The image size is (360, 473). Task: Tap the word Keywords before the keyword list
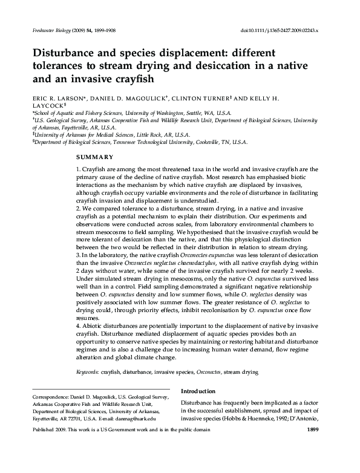click(x=87, y=373)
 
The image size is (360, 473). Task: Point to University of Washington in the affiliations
click(x=168, y=113)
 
